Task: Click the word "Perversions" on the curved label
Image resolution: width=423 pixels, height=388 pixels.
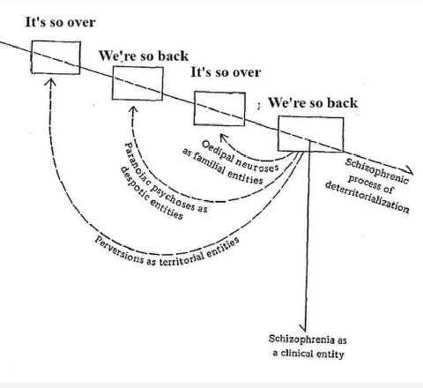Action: coord(119,250)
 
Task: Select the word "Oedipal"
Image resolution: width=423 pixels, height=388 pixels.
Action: coord(219,151)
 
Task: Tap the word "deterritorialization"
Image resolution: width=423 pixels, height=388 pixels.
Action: coord(367,197)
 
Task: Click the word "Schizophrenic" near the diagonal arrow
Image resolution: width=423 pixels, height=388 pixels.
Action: coord(377,171)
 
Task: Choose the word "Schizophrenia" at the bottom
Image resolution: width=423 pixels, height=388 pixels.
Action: coord(301,339)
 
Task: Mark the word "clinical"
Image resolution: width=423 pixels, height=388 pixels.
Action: coord(296,353)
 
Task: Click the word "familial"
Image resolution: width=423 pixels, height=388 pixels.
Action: coord(210,166)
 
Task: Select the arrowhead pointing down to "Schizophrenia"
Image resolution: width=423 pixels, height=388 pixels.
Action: coord(304,327)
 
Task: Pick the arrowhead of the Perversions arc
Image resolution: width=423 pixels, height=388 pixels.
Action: coord(50,82)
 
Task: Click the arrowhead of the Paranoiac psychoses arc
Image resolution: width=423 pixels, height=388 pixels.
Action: coord(133,109)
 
